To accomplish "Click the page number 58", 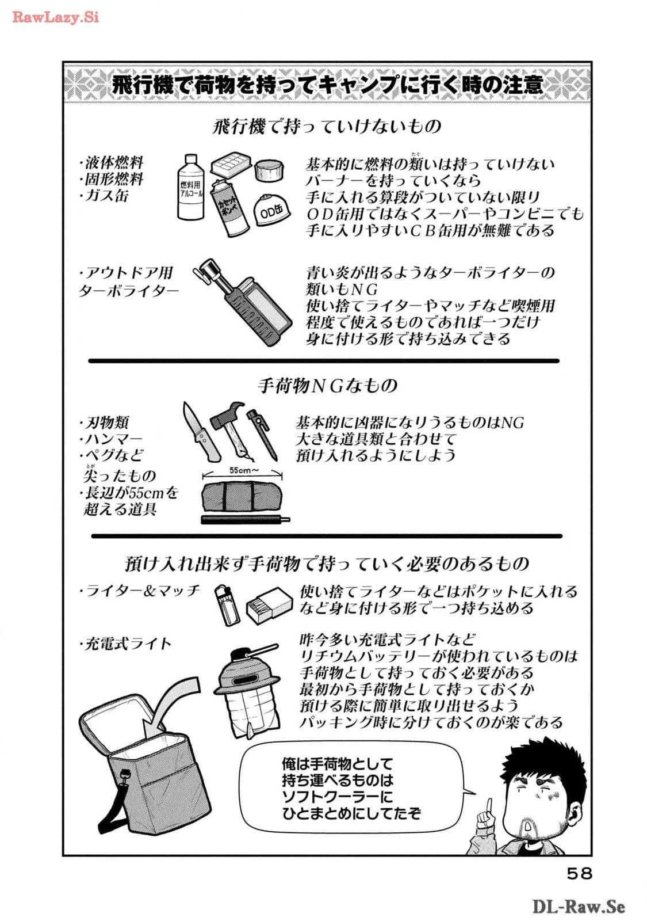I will click(x=579, y=873).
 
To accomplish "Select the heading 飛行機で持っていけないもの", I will click(x=327, y=125).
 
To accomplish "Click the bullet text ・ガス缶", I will click(x=105, y=196).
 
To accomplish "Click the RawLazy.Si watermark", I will click(x=56, y=17).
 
